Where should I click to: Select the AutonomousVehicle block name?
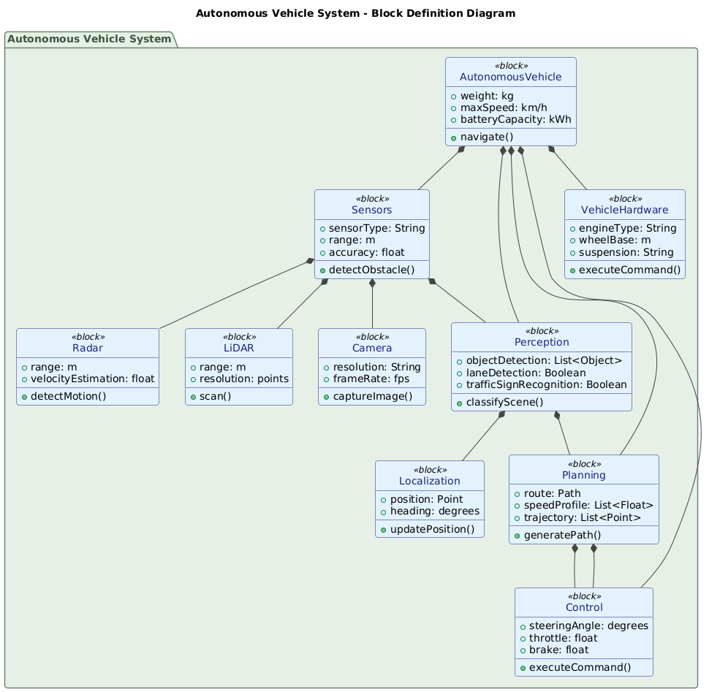coord(510,77)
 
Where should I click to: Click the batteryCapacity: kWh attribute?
coord(515,120)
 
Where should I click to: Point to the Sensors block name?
coord(371,210)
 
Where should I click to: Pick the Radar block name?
coord(88,349)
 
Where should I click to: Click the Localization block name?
coord(430,482)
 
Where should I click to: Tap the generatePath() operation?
coord(559,535)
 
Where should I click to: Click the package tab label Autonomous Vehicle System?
coord(88,39)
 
